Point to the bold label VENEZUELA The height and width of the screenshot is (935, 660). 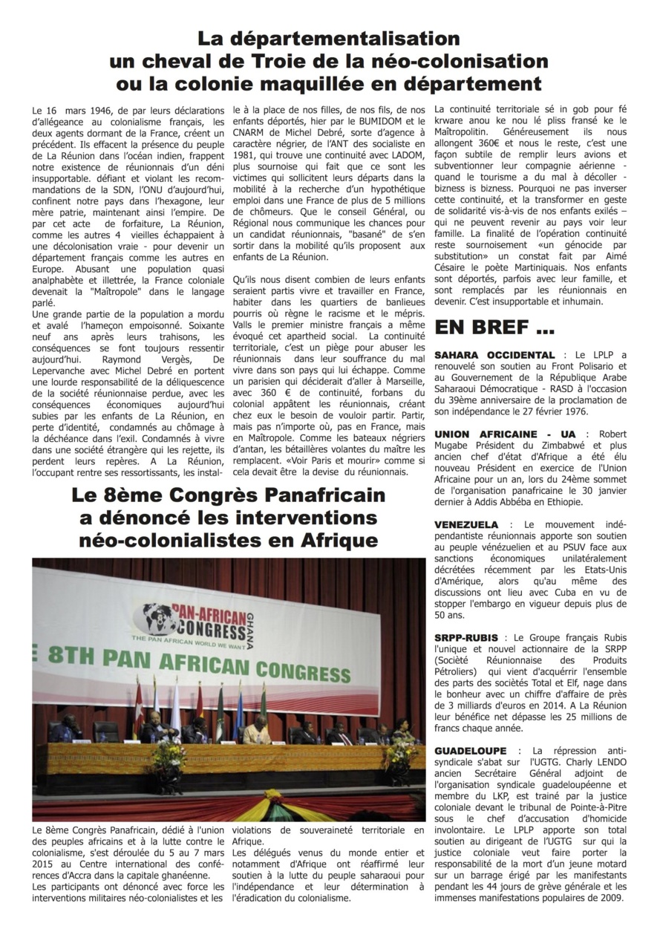[466, 524]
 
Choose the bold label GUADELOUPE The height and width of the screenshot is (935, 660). [471, 751]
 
